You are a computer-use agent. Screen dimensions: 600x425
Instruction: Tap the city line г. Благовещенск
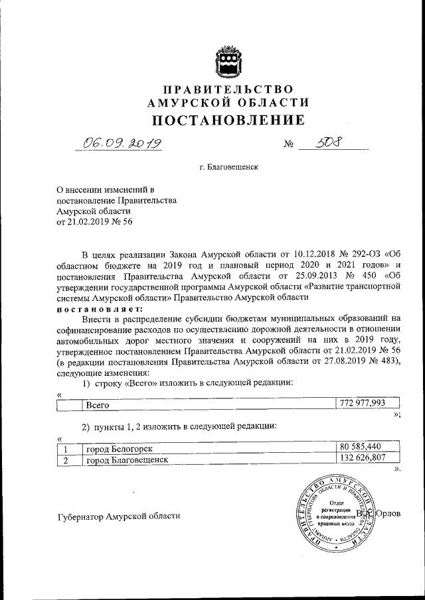pyautogui.click(x=228, y=168)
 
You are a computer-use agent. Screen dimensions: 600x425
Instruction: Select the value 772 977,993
pyautogui.click(x=363, y=403)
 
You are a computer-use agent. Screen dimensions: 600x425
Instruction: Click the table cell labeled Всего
pyautogui.click(x=98, y=404)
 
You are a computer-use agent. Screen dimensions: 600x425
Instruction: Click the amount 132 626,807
pyautogui.click(x=363, y=459)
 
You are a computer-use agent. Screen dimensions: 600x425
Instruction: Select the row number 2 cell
pyautogui.click(x=66, y=459)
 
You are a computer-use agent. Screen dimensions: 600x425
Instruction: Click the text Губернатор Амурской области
pyautogui.click(x=118, y=516)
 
